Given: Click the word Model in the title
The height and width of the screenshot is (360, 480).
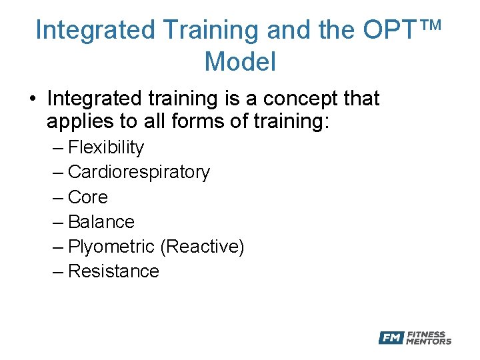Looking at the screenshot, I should coord(240,61).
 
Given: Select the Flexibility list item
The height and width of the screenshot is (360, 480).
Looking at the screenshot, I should coord(105,147).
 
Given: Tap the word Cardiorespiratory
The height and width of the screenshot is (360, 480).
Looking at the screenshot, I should coord(139,172).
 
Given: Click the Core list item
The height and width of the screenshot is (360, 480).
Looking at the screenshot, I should coord(87,197).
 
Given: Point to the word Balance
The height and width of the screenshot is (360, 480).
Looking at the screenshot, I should coord(101,222).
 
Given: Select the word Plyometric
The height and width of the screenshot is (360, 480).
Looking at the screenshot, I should coord(111,247).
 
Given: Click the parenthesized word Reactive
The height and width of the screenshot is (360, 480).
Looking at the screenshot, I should coord(202,247).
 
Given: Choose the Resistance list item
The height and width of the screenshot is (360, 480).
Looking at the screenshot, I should coord(113,271).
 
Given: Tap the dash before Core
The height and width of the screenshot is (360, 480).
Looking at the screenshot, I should coord(57,197).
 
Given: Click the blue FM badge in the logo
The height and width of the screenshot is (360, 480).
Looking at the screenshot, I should coord(391,338).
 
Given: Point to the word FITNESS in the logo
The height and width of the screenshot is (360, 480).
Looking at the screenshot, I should coord(427,335).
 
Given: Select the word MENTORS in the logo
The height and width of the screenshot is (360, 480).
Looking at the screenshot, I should coord(429,342).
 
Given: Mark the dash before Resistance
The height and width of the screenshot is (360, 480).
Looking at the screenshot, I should coord(57,271).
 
